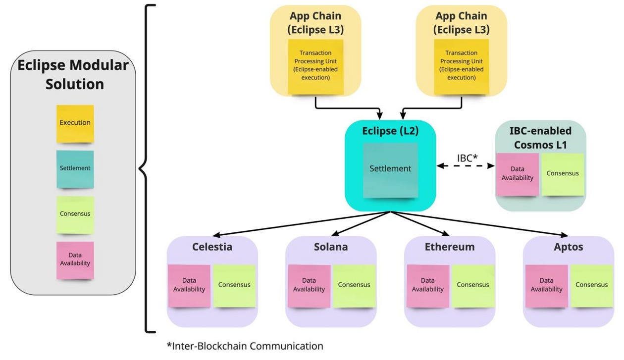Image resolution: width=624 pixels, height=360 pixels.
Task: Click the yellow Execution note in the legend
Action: pos(75,123)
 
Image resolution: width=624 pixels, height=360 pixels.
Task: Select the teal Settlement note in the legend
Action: pos(75,168)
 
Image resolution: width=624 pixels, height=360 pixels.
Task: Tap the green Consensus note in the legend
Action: pos(75,214)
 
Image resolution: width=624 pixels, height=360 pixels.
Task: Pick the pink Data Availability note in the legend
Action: pos(75,259)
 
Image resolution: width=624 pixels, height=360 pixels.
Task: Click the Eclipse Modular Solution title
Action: pos(73,74)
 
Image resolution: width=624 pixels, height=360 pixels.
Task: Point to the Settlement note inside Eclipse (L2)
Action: pos(390,169)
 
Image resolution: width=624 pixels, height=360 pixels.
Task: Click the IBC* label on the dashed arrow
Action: pos(467,158)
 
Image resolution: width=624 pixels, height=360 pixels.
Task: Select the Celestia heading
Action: pos(212,247)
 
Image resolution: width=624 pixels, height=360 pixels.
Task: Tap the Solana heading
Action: pos(331,247)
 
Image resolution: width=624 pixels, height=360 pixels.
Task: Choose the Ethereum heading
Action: pos(450,247)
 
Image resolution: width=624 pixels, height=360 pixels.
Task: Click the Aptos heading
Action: pos(569,247)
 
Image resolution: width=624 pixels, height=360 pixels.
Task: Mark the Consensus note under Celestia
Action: pos(234,285)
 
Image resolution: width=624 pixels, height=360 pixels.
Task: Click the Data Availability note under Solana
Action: pos(309,285)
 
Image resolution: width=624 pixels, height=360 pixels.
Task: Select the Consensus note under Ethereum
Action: pos(473,285)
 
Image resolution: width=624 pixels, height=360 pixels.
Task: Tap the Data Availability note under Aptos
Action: pos(547,285)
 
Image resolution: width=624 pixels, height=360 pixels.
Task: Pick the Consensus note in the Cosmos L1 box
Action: pos(563,174)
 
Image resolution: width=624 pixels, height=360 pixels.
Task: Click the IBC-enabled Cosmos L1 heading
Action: pos(540,137)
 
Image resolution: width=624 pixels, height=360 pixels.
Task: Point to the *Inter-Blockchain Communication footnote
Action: pos(245,346)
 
